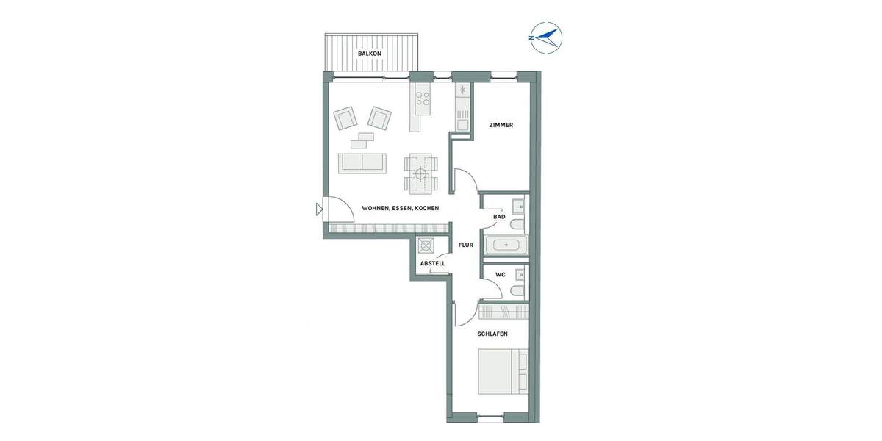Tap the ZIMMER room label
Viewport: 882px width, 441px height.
click(x=501, y=125)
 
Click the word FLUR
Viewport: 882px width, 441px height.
click(x=466, y=245)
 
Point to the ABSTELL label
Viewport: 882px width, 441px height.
click(x=432, y=263)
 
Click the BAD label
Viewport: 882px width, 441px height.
click(x=499, y=217)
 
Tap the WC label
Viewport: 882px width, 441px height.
click(x=501, y=275)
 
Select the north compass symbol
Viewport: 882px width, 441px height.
click(x=545, y=37)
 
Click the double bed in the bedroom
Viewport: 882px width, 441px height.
click(x=503, y=372)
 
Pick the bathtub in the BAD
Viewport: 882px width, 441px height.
click(x=506, y=244)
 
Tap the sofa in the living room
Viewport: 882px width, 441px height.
click(x=362, y=163)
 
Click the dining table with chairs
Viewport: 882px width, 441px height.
click(x=420, y=174)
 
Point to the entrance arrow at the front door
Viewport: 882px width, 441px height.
click(x=319, y=209)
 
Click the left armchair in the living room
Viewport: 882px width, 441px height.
click(x=345, y=118)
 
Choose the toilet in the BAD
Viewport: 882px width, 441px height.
click(x=517, y=224)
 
